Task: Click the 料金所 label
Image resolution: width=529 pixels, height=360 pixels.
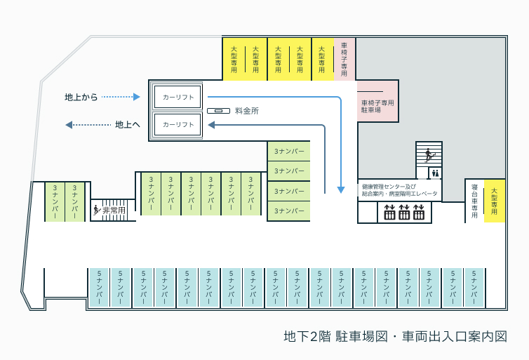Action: point(247,111)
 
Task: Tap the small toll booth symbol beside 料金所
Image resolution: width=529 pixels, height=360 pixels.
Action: point(217,111)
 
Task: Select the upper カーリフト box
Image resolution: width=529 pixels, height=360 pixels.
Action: point(178,97)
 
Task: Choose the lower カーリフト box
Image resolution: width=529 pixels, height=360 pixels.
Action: point(178,124)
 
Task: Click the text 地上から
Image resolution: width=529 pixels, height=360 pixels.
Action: point(81,97)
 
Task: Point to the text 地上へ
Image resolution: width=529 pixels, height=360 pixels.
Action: point(128,124)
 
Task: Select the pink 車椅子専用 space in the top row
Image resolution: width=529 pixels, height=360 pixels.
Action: point(344,59)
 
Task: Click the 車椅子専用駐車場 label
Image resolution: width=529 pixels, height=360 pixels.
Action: point(376,107)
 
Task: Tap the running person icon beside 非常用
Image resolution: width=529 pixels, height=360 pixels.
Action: point(96,210)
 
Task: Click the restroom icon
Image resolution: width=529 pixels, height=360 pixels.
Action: point(435,173)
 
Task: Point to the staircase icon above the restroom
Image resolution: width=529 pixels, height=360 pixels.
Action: point(429,154)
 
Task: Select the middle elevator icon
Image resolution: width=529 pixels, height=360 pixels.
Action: point(404,212)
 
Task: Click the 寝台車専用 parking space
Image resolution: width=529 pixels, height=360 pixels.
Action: point(475,201)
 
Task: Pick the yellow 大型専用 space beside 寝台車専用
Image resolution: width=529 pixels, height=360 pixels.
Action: point(495,201)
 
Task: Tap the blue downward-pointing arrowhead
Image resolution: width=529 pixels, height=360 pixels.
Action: point(341,189)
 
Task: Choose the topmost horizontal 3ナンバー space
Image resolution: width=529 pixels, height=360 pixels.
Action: point(289,152)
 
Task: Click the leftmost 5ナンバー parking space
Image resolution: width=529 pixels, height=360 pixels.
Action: point(99,288)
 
